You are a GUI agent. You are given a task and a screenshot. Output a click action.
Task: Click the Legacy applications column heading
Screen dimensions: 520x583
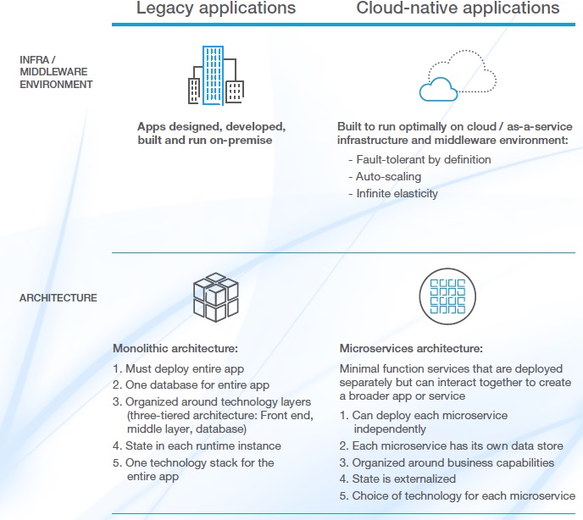216,9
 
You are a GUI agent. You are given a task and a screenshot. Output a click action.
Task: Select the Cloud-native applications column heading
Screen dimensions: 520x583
458,9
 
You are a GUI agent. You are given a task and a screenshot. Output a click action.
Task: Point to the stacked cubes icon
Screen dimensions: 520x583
215,298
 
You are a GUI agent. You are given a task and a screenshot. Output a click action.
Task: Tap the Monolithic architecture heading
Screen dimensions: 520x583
175,348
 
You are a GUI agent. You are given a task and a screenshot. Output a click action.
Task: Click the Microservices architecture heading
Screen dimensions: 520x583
411,348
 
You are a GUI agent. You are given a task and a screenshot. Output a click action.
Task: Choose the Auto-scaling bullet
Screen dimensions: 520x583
389,176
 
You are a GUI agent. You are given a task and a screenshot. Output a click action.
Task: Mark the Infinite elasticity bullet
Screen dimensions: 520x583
397,193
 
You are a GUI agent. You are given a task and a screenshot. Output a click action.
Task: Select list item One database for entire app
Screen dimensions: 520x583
191,384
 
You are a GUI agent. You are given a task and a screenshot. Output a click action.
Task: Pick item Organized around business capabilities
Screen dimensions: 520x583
447,462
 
